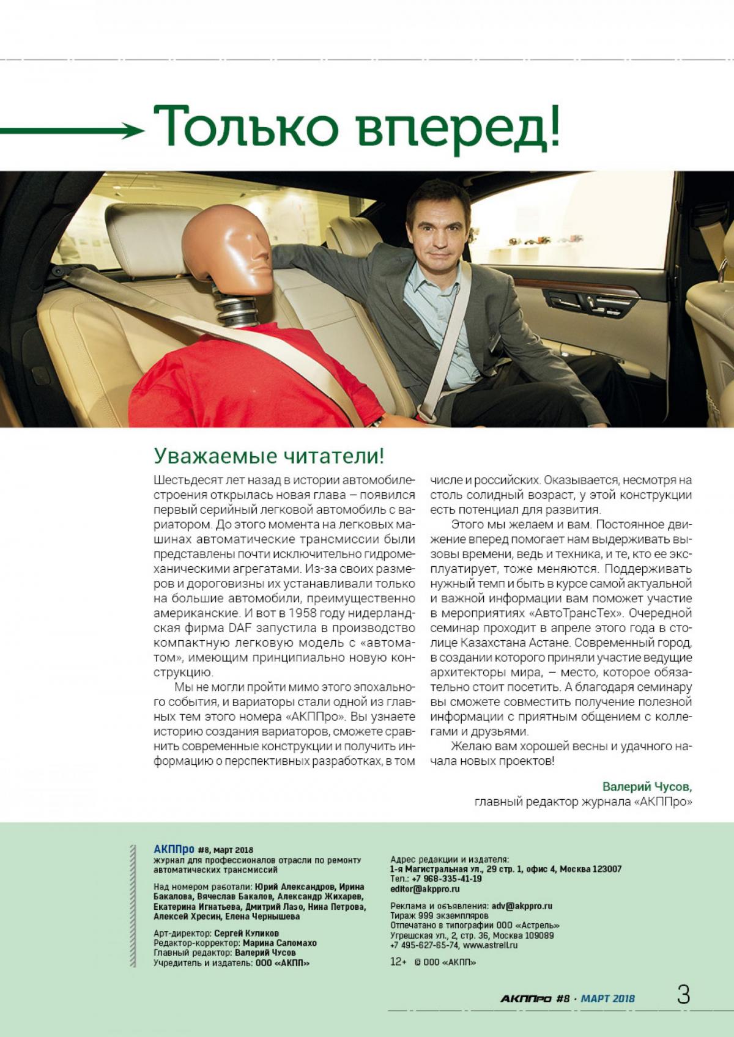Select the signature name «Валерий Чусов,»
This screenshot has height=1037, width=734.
[x=648, y=786]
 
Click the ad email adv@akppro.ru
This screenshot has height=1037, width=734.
[x=521, y=906]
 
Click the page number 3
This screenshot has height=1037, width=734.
[x=683, y=995]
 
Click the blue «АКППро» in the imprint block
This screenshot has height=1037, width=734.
[x=173, y=849]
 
